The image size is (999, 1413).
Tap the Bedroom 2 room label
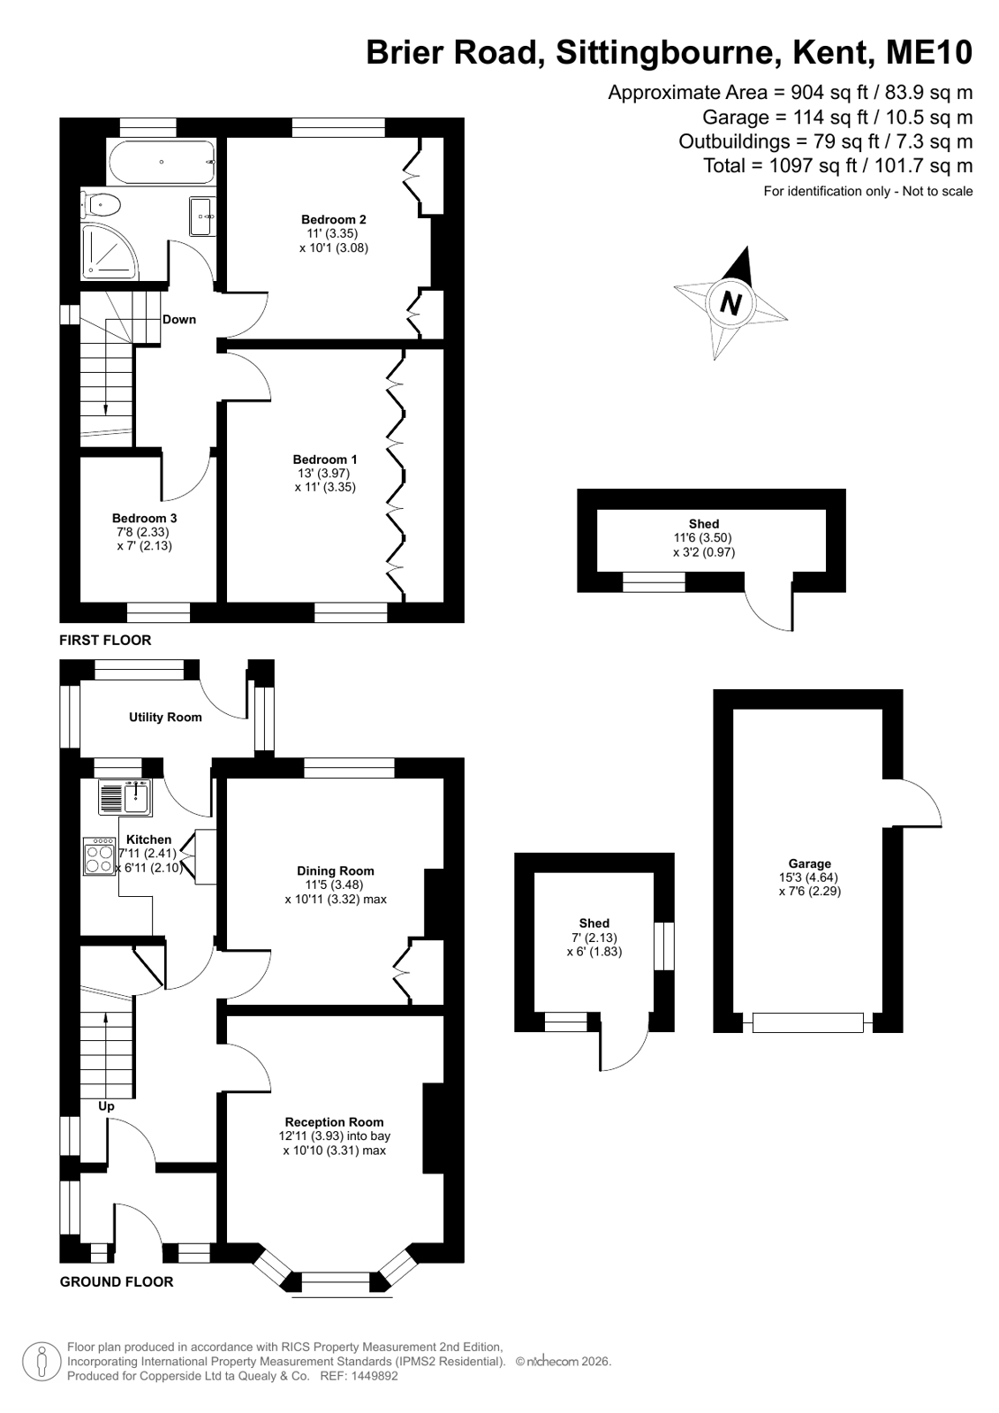point(334,219)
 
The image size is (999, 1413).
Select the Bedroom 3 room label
point(145,518)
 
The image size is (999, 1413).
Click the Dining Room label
point(336,870)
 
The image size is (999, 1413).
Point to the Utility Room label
point(165,717)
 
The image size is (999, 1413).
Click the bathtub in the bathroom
point(162,162)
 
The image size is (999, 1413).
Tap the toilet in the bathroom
point(101,204)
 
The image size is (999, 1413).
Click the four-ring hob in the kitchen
point(100,856)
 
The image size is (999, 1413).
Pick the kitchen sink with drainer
point(125,797)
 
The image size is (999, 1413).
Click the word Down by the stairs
point(179,319)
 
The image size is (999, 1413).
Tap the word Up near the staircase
point(106,1105)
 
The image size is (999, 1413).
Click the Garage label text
point(810,863)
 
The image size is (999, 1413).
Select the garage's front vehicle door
point(808,1022)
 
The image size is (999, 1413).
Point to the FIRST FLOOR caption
point(105,641)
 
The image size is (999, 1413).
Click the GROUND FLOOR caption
point(117,1282)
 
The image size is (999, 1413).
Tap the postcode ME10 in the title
point(929,52)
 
